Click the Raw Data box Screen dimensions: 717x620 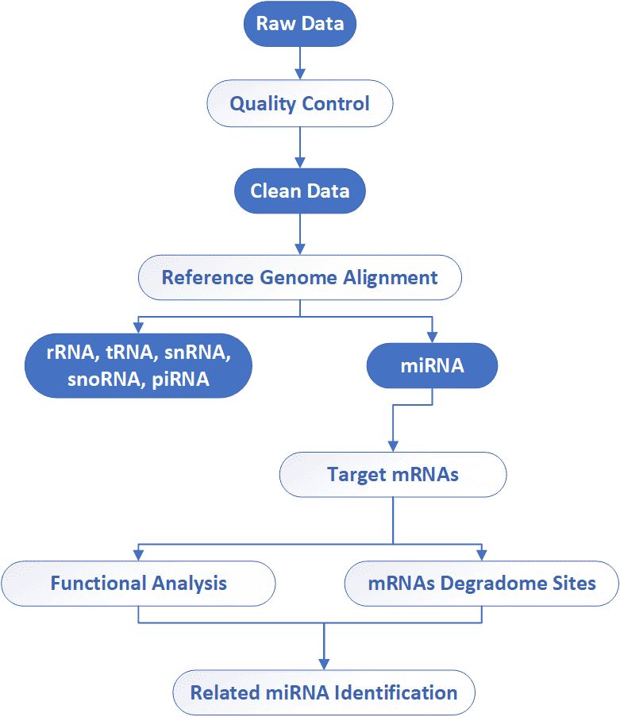tap(299, 24)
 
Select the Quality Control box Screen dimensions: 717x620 tap(299, 104)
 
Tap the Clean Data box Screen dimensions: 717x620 tap(299, 191)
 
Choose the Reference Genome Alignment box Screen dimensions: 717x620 tap(299, 278)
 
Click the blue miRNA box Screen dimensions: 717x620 tap(431, 368)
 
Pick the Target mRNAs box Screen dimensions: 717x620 tap(392, 475)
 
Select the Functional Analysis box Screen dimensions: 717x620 tap(138, 584)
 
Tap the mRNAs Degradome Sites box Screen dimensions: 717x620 tap(481, 584)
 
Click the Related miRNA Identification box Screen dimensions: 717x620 tap(324, 692)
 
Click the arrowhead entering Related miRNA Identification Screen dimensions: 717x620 tap(324, 664)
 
